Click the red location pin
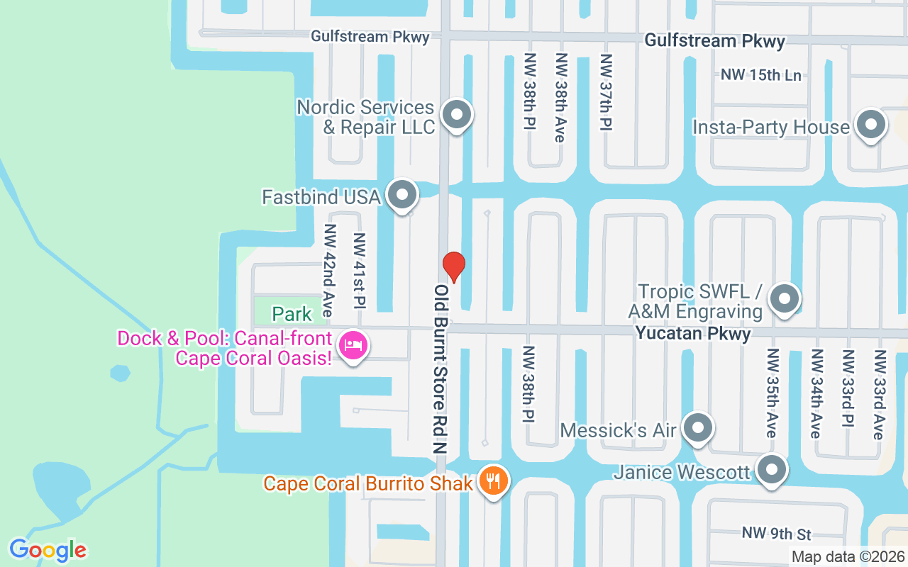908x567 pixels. (x=454, y=266)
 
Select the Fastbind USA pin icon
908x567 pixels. (x=402, y=194)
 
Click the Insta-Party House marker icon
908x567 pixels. (x=870, y=125)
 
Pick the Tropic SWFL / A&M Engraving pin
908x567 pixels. (x=785, y=298)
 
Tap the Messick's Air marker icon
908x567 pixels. (x=699, y=428)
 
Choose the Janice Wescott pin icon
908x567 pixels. (x=772, y=470)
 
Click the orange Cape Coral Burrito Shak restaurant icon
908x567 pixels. (x=492, y=482)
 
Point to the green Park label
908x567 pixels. (x=292, y=313)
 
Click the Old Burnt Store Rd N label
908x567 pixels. (x=442, y=369)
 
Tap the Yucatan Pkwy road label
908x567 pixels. (x=693, y=333)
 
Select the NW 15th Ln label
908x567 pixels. (x=761, y=74)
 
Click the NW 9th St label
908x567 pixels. (x=776, y=532)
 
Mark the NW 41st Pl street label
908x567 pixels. (x=359, y=271)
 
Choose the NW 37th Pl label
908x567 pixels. (x=606, y=91)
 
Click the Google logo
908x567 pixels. (x=48, y=550)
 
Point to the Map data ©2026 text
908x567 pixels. (x=848, y=557)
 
